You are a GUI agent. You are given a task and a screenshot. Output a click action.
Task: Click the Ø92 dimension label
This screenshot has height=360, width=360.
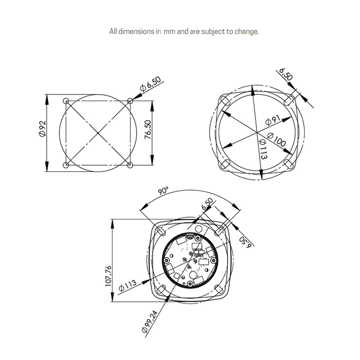coord(42,129)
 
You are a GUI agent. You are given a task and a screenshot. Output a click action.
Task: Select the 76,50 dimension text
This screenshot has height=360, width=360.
coord(148,130)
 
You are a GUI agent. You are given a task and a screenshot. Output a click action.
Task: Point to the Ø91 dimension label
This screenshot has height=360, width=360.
coord(273,121)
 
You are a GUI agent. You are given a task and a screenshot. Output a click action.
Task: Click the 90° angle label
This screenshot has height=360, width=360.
coord(163,191)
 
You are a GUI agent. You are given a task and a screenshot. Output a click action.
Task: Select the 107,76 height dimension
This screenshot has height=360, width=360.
coord(108,276)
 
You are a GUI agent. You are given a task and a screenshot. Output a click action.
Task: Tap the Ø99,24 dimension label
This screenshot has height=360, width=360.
coord(150,321)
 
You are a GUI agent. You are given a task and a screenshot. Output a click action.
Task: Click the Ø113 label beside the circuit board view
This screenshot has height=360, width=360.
coord(127,285)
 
